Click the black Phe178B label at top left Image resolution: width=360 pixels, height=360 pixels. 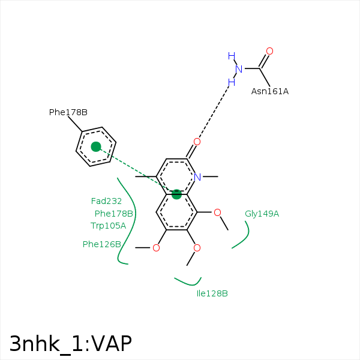coord(68,112)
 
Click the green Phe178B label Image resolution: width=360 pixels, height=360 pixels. coord(113,214)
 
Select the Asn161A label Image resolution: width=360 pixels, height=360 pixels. coord(269,91)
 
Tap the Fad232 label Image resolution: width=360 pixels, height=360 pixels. coord(106,201)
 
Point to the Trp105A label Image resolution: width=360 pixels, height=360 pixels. coord(108,226)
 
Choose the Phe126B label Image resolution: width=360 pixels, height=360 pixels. coord(102,244)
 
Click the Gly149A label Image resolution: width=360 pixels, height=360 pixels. coord(262,214)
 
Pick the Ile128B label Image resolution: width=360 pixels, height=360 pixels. coord(212,293)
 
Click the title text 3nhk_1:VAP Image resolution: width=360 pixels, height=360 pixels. coord(70,344)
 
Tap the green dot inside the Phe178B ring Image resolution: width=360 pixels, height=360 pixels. coord(96,146)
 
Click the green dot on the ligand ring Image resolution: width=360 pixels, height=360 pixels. coord(176,194)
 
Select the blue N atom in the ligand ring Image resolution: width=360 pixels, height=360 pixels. coord(197,176)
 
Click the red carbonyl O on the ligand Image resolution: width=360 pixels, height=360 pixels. coord(197,142)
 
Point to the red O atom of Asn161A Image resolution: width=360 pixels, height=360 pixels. coord(269,51)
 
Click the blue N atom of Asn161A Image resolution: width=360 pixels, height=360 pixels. coord(239,69)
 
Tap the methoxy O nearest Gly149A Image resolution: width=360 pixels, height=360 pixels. coord(217,212)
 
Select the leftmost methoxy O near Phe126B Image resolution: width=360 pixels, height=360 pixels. coord(156,247)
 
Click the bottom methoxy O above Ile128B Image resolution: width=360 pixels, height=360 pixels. coord(197,247)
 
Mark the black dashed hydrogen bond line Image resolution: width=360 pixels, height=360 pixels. coord(214,113)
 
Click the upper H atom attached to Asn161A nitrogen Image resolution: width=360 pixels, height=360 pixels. coord(231,56)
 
